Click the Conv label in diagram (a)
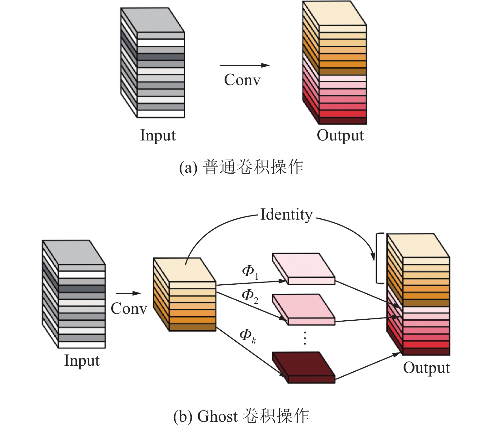pos(242,80)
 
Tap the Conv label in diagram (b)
pos(129,308)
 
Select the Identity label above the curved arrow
pos(286,215)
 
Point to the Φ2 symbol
pos(250,296)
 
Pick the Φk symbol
pos(248,336)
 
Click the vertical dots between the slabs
pos(305,338)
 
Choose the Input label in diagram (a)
pos(158,135)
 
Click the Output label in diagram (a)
pos(340,135)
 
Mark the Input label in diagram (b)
pos(82,360)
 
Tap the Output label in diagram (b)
pos(426,368)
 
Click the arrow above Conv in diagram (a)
pos(245,65)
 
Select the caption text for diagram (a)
pos(241,167)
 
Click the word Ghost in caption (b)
pos(217,416)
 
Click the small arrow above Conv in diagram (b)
pos(129,293)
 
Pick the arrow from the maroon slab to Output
pos(367,366)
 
